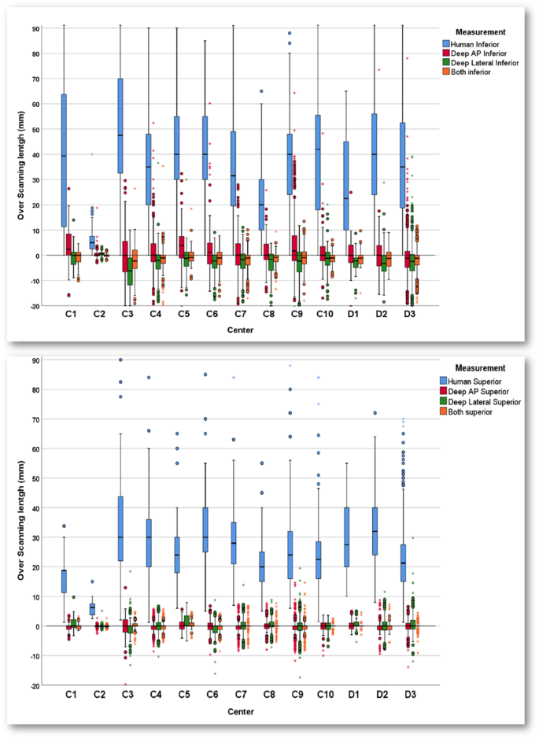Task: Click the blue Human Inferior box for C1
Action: [63, 161]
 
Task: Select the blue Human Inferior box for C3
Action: [120, 126]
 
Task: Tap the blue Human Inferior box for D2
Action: [375, 153]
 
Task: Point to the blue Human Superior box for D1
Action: [345, 537]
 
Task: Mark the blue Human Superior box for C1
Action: [63, 581]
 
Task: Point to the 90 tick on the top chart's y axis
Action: [35, 29]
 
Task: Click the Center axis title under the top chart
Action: [236, 330]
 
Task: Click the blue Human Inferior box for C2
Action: [91, 242]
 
